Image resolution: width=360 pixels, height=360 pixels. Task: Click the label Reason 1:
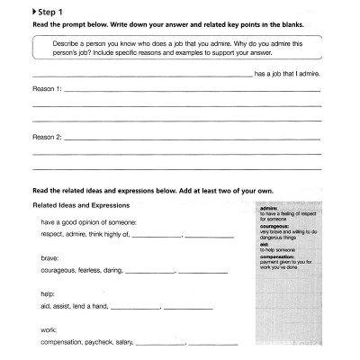click(x=47, y=89)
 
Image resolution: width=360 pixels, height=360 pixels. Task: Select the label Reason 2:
click(x=47, y=139)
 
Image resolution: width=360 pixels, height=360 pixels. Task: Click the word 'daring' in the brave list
click(x=112, y=270)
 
